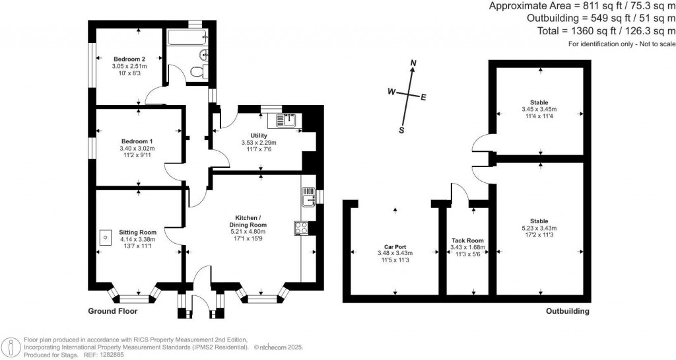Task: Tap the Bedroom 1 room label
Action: [137, 141]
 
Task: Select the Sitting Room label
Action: [137, 233]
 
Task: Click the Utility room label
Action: [258, 135]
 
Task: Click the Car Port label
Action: [395, 246]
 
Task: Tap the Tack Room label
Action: [467, 240]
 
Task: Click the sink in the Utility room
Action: [286, 121]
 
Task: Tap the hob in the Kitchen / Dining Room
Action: [300, 228]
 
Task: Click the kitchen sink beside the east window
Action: [308, 196]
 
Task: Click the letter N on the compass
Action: [413, 64]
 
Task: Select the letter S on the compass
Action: [401, 130]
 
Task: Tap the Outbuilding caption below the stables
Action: [567, 311]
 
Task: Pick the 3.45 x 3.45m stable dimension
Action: [539, 109]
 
